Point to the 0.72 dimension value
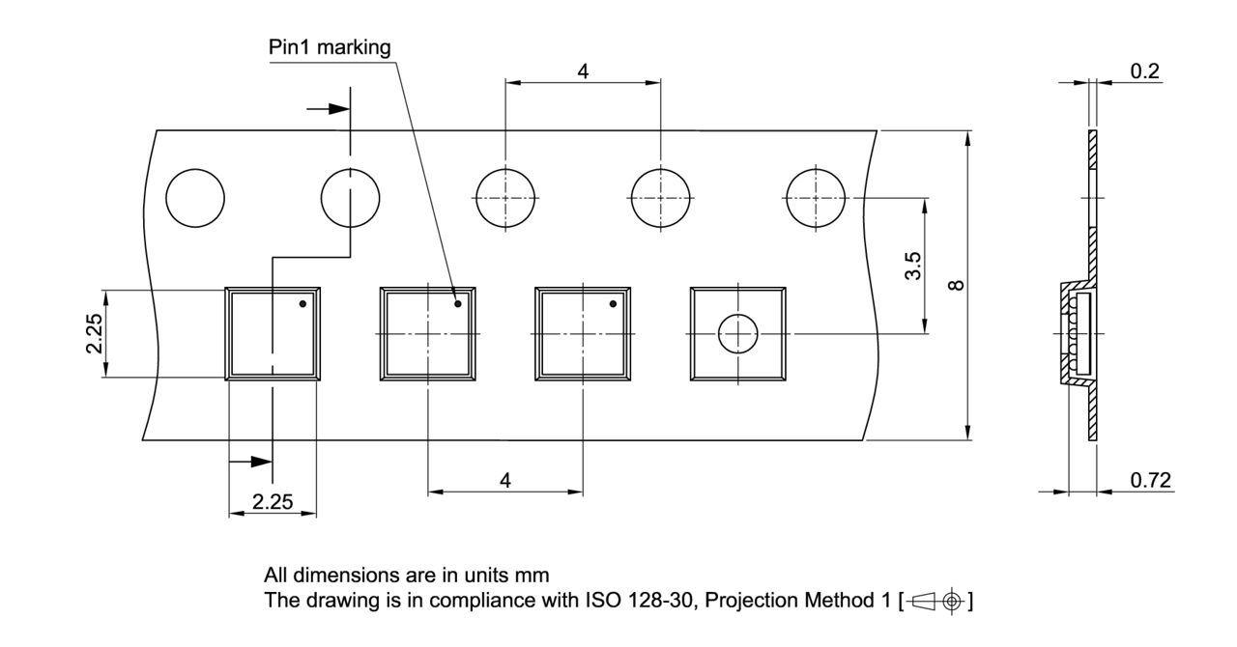coord(1150,480)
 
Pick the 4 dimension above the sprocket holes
coord(583,70)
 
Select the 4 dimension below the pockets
coord(505,480)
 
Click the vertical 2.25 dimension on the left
coord(93,333)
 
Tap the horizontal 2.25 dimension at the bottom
coord(272,501)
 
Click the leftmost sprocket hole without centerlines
coord(195,200)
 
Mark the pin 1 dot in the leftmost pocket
coord(302,304)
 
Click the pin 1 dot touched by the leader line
coord(458,304)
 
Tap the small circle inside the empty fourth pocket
coord(737,334)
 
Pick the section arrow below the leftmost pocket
coord(248,462)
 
